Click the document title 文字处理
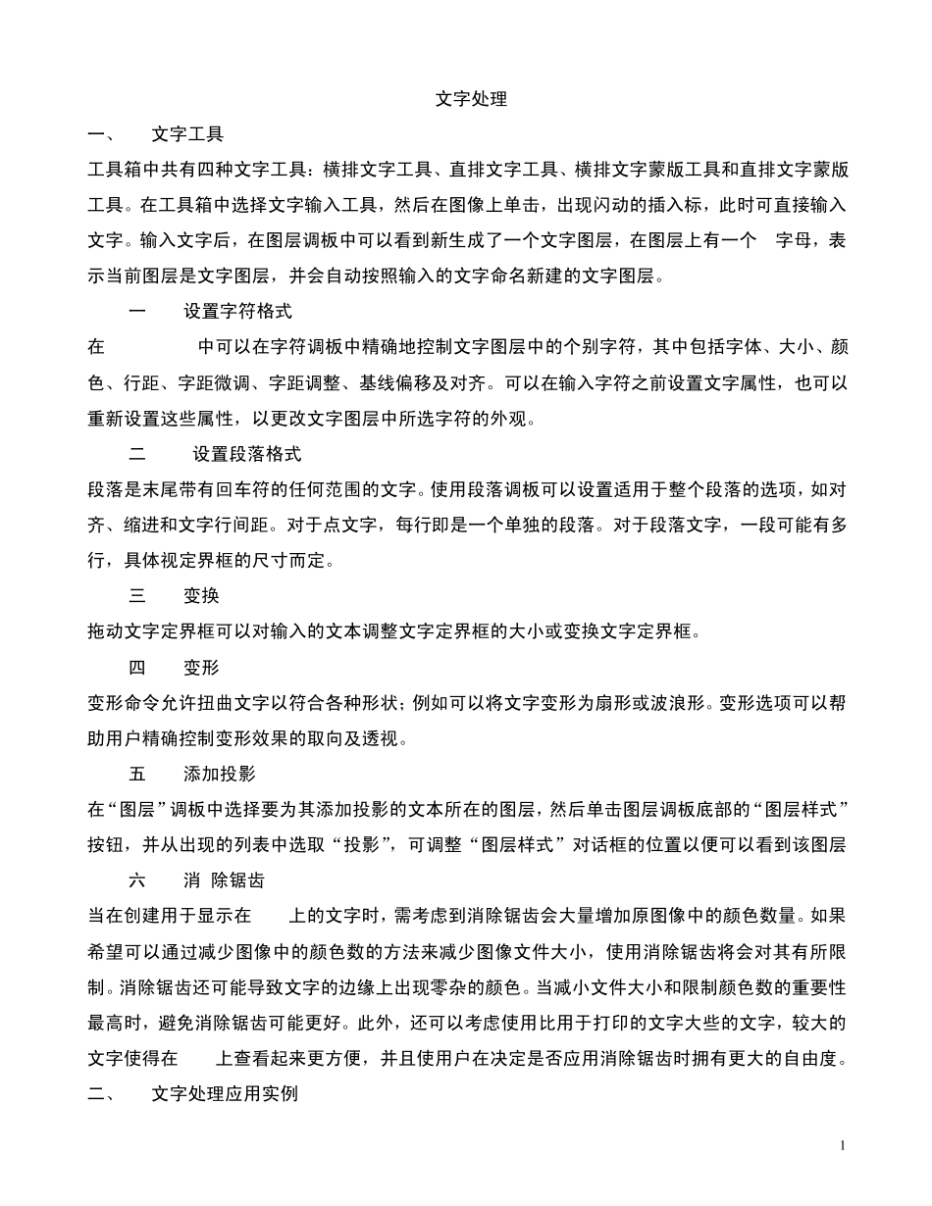tap(471, 99)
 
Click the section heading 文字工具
tap(187, 133)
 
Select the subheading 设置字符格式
tap(237, 312)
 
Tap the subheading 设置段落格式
tap(246, 454)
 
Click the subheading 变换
tap(201, 596)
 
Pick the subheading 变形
tap(201, 668)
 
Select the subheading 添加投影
tap(219, 774)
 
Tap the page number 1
tap(843, 1145)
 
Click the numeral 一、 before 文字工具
tap(101, 133)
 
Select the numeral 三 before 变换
tap(137, 596)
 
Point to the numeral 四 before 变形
tap(137, 668)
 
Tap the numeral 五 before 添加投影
tap(137, 774)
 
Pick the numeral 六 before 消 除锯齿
tap(137, 880)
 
